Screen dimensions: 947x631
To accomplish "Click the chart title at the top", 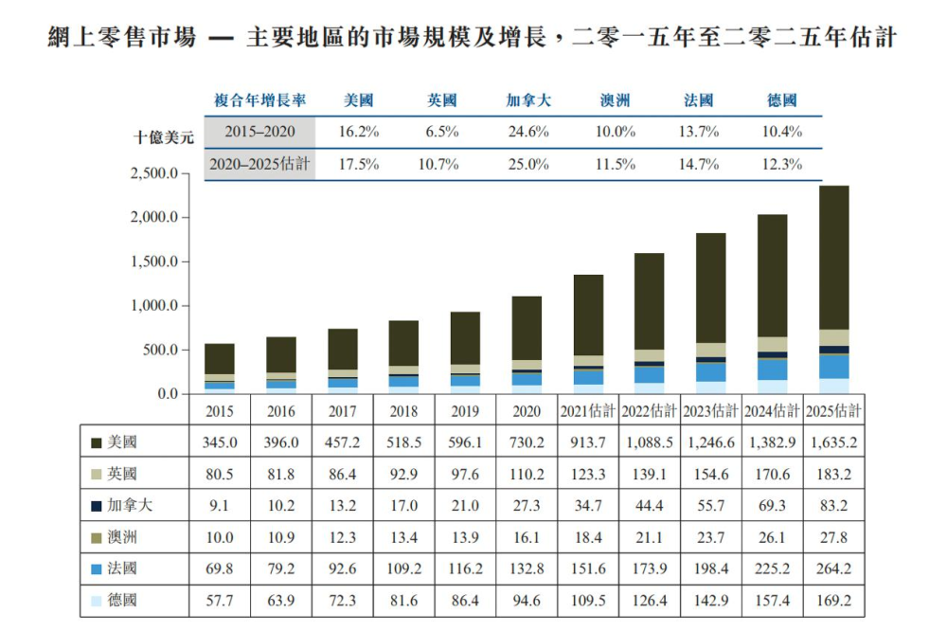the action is coord(472,38).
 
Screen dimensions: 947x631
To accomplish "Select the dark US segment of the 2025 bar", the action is coord(833,258).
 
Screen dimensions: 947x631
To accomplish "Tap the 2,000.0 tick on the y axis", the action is coord(154,217).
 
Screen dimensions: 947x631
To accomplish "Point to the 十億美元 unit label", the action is coord(164,137).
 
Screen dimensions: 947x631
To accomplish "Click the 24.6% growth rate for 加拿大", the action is coord(528,132).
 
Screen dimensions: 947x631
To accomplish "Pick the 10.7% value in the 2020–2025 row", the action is coord(438,165).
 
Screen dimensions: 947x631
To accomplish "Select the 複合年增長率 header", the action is coord(259,100).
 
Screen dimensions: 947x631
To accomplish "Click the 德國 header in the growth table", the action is coord(781,100).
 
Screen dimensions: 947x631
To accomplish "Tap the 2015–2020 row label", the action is coord(259,132).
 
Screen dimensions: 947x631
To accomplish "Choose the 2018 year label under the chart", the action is coord(403,411).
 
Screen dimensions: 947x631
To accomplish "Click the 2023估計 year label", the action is coord(710,411).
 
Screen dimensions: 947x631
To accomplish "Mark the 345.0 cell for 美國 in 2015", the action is coord(220,442).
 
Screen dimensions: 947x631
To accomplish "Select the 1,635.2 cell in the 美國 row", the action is coord(833,442).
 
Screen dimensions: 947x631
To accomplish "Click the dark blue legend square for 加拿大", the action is coord(96,506).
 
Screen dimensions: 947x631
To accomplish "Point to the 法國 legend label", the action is coord(122,568).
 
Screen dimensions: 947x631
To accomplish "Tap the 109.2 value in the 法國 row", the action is coord(403,568).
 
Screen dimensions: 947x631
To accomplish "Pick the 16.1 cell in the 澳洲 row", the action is coord(526,537).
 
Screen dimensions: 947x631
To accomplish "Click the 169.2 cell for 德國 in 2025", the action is coord(833,600).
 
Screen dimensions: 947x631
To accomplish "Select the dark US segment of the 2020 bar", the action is coord(527,328).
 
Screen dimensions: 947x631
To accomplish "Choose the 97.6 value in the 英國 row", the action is coord(465,474).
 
